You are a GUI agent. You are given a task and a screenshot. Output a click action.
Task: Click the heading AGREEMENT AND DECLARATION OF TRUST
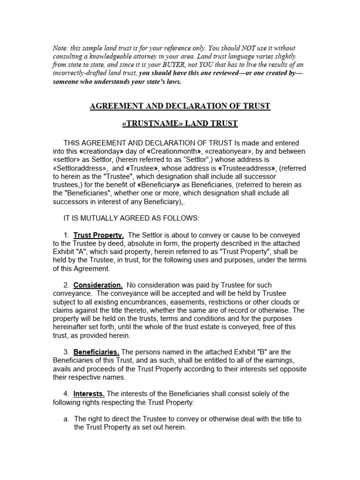click(x=180, y=106)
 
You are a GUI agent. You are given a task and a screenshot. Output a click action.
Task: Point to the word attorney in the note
click(x=127, y=57)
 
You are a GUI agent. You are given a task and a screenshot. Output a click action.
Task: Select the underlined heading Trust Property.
click(x=98, y=235)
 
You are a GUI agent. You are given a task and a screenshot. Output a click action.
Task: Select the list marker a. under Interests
click(x=67, y=419)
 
